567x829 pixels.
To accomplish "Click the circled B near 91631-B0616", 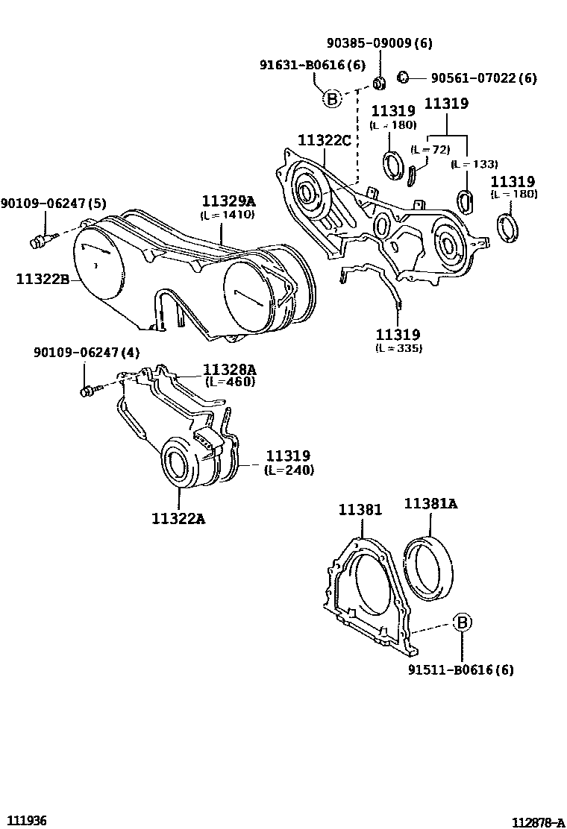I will tap(331, 98).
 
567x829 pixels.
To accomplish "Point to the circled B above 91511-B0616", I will tap(461, 622).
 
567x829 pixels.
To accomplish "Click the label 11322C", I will tap(325, 140).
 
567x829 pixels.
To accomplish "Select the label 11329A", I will tap(228, 200).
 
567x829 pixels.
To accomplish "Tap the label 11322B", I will tap(43, 280).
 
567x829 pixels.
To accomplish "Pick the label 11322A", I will tap(179, 518).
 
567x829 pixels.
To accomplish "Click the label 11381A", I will tap(430, 505).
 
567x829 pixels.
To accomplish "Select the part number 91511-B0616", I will tap(460, 669).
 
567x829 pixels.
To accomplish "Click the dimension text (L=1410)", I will tap(228, 215).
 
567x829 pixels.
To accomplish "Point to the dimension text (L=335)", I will tap(398, 348).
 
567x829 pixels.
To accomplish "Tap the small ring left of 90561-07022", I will tap(402, 76).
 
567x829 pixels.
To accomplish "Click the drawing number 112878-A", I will tap(537, 822).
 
